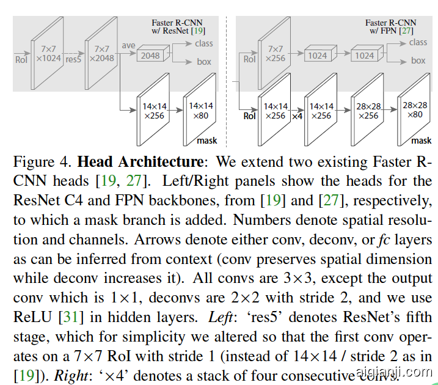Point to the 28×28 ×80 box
tap(415, 110)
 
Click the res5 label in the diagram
tap(74, 60)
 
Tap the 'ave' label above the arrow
tap(128, 45)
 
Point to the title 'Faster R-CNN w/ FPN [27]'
tap(389, 26)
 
